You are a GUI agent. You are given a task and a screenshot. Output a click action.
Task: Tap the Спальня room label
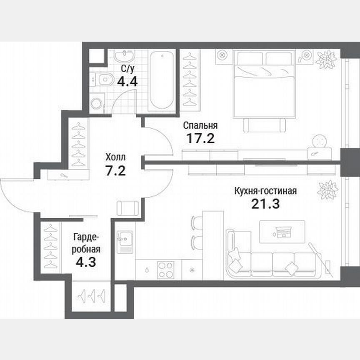pos(200,125)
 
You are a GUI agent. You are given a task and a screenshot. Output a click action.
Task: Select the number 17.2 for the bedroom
pos(200,138)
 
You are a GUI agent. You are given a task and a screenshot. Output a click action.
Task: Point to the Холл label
pos(115,157)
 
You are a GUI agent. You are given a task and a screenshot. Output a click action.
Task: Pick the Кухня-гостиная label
pos(265,191)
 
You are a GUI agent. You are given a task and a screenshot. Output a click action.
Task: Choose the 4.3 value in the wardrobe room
pos(86,263)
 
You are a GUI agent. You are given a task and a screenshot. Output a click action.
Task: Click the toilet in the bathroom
pos(104,78)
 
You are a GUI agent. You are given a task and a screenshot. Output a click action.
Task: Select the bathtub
pos(162,80)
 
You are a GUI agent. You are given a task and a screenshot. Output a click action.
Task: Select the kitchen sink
pos(124,241)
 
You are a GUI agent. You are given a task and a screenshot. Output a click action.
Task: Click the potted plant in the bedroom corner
pos(326,59)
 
